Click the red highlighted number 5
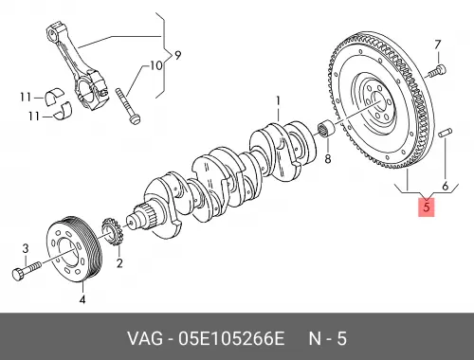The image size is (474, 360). pos(427,207)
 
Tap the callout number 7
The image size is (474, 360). pos(437,45)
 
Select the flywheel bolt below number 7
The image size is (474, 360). pos(437,70)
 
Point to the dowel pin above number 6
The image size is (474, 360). pos(446,133)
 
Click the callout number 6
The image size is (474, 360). pos(446,186)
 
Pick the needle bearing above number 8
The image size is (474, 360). pos(325,130)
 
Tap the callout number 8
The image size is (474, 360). pos(328,158)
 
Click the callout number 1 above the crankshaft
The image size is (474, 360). pos(278,101)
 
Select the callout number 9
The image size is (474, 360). pos(178,56)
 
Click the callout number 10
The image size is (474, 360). pos(155,65)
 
